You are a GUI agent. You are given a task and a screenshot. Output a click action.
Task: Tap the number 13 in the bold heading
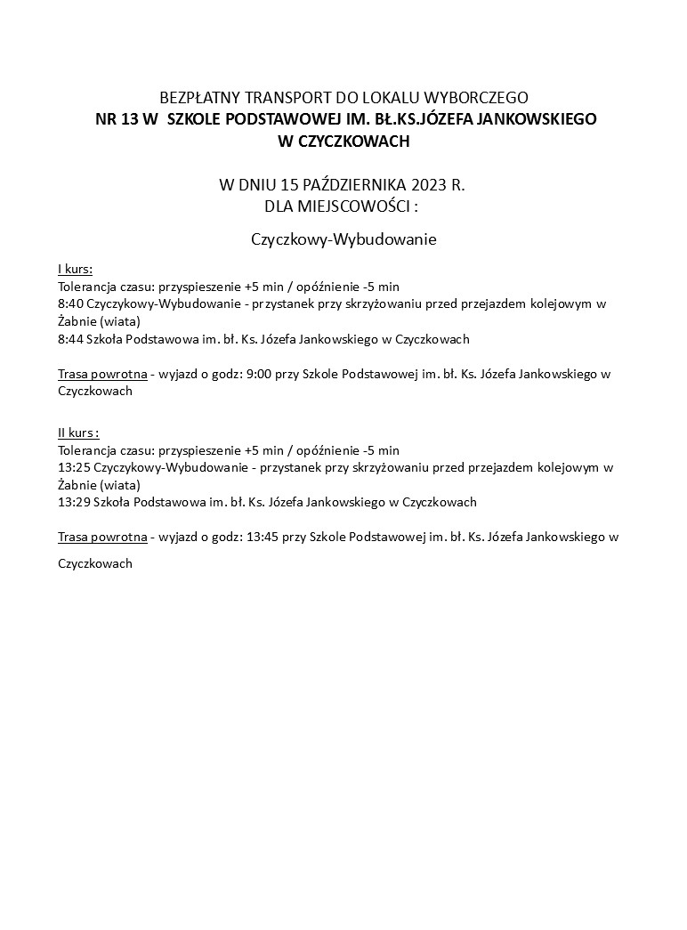pyautogui.click(x=130, y=118)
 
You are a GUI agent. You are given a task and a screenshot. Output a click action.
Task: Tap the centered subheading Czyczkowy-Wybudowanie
pyautogui.click(x=343, y=240)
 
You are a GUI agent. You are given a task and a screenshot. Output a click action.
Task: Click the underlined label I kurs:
pyautogui.click(x=75, y=269)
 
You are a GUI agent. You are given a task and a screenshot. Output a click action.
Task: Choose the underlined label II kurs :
pyautogui.click(x=78, y=432)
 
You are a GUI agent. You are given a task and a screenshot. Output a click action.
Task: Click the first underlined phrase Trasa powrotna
pyautogui.click(x=101, y=374)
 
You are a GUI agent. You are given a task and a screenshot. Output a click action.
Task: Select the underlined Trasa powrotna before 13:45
pyautogui.click(x=101, y=537)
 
